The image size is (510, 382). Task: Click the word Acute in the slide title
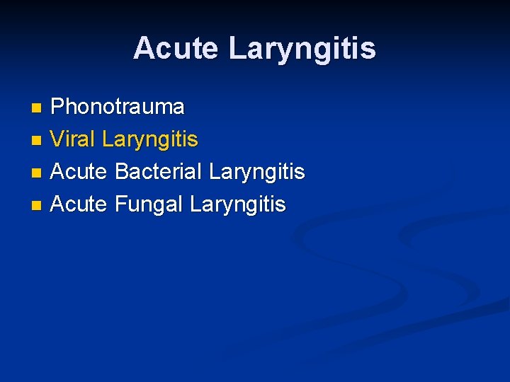click(177, 48)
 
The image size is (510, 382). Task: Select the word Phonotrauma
click(118, 107)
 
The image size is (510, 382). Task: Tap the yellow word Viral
click(74, 139)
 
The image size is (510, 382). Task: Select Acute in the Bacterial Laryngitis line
click(79, 172)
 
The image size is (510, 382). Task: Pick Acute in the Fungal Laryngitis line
click(79, 204)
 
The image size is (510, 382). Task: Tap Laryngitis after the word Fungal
click(238, 206)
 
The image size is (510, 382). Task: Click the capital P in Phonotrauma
click(57, 107)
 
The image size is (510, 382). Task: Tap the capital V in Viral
click(58, 139)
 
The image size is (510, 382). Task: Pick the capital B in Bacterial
click(120, 172)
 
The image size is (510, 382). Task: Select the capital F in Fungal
click(120, 204)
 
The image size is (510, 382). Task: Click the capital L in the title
click(237, 48)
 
